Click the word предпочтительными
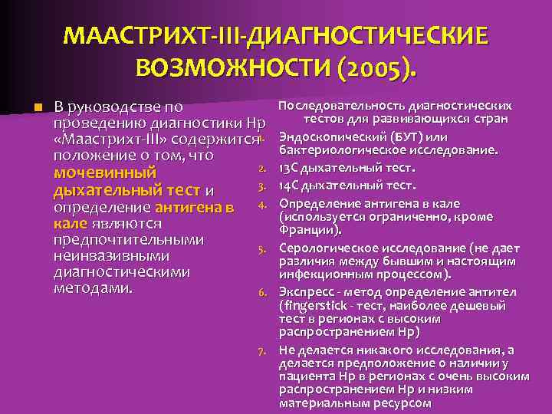[x=128, y=240]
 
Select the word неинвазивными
[x=111, y=256]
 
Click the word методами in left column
[x=93, y=289]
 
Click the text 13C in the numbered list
[x=292, y=168]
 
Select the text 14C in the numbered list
[x=292, y=185]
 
